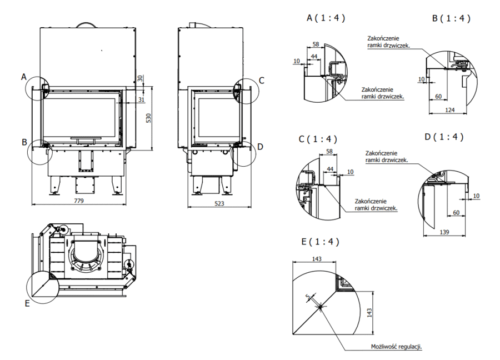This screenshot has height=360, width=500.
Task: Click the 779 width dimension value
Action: click(79, 201)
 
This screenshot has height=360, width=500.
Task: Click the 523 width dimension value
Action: click(219, 203)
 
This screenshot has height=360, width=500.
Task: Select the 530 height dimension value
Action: click(148, 118)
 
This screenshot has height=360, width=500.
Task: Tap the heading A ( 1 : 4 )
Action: click(326, 18)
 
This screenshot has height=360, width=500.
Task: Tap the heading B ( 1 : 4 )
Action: click(451, 18)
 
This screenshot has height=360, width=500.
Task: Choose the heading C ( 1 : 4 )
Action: click(318, 139)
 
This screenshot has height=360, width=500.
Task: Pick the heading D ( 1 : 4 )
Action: click(444, 137)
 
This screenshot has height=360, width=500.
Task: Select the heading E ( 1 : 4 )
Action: click(320, 241)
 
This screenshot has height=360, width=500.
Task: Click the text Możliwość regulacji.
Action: click(396, 346)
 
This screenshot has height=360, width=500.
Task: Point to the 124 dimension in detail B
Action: click(449, 110)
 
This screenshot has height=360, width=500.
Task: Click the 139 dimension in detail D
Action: click(444, 232)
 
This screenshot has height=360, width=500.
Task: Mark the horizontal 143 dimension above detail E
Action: click(317, 259)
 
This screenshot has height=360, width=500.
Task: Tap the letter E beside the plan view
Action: click(27, 303)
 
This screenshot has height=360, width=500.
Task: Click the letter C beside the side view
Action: click(262, 81)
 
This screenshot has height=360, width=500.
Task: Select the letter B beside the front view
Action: click(24, 142)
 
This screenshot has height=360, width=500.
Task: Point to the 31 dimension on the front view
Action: click(141, 99)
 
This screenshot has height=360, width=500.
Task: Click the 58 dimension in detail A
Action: click(316, 44)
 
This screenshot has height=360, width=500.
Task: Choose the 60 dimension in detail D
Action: click(456, 212)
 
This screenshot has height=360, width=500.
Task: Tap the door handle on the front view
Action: click(86, 139)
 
